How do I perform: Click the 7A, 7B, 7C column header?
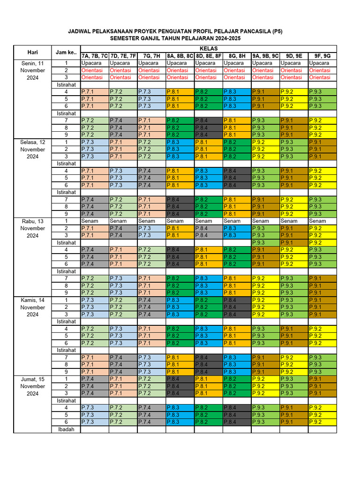[x=95, y=56]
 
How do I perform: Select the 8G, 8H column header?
[x=237, y=56]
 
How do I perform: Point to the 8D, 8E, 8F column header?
[x=208, y=56]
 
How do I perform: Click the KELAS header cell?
[x=208, y=49]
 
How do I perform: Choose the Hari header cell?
[x=32, y=52]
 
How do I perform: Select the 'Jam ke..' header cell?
[x=66, y=52]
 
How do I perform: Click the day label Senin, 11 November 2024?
[x=32, y=70]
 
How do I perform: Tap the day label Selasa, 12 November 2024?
[x=32, y=150]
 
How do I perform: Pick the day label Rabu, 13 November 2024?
[x=32, y=228]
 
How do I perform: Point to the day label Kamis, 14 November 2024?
[x=32, y=307]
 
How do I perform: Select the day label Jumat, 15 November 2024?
[x=32, y=386]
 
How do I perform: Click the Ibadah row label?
[x=66, y=429]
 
